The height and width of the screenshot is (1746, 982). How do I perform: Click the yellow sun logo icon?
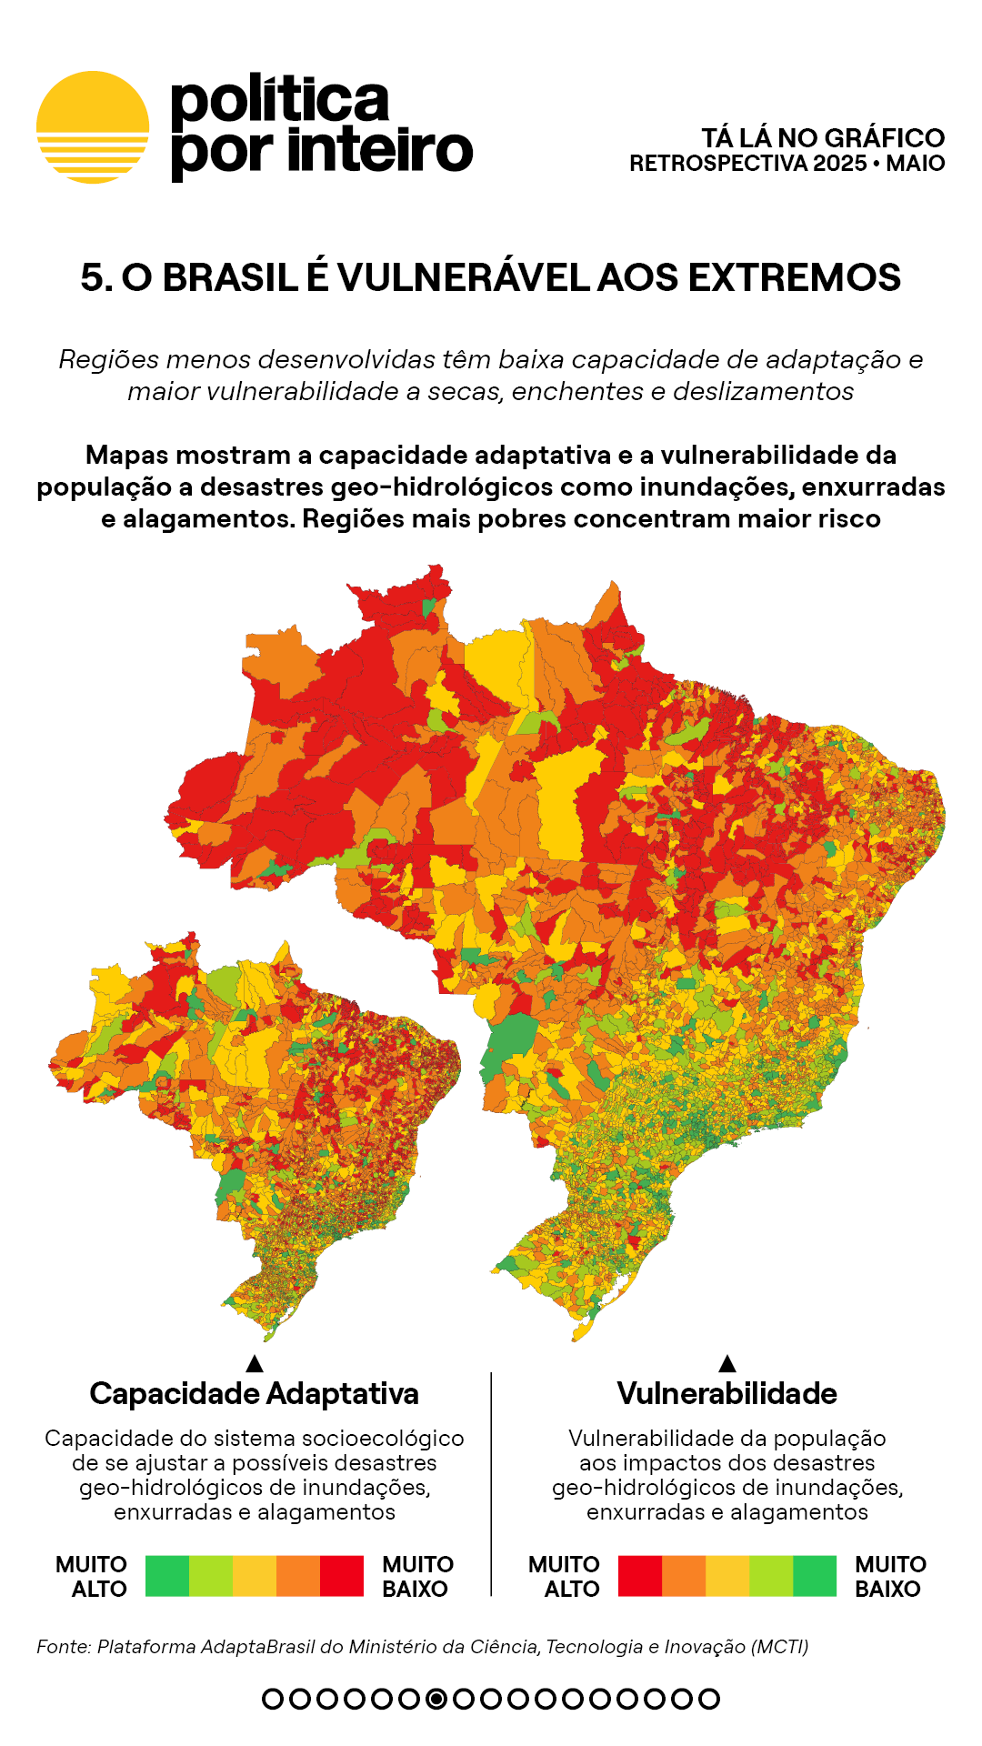(x=93, y=127)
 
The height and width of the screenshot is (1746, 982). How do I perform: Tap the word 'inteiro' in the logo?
(x=380, y=150)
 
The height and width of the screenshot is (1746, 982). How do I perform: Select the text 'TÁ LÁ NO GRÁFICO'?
(x=823, y=138)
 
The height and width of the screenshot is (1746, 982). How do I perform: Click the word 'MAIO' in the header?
(x=915, y=164)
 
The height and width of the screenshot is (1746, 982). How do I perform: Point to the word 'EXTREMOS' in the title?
(x=794, y=277)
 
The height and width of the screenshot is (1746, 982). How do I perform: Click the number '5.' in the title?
(x=96, y=277)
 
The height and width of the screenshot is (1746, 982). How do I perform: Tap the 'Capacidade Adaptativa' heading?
(x=255, y=1393)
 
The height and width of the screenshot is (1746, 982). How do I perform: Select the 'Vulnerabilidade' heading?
(x=726, y=1393)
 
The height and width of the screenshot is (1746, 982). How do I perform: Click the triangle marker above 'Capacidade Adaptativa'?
(x=255, y=1363)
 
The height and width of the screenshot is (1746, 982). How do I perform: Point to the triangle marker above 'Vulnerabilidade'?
(x=727, y=1363)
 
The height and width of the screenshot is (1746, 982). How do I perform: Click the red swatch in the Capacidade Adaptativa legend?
(x=342, y=1576)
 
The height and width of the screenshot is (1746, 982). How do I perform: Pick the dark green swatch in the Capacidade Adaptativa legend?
(x=167, y=1576)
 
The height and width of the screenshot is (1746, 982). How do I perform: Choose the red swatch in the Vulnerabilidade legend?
(x=640, y=1576)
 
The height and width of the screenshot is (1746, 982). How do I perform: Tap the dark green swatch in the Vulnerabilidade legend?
(x=815, y=1576)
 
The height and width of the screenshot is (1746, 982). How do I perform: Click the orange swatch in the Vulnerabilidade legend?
(x=684, y=1576)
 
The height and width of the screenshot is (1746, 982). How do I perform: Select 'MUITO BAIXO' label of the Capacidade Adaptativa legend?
(x=417, y=1576)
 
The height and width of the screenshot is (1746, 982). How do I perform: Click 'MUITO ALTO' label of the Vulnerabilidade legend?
(x=564, y=1576)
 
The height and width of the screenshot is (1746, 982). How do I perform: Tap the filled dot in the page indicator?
(x=436, y=1699)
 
